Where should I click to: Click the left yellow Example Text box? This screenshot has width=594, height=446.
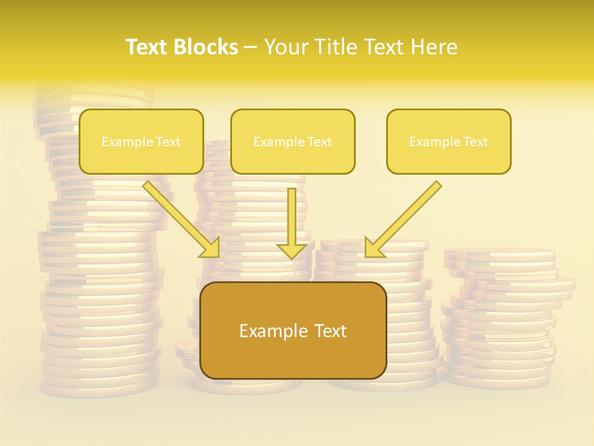tap(141, 141)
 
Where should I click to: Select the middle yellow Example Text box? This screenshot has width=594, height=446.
tap(293, 141)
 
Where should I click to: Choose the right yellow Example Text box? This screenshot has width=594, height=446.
tap(449, 141)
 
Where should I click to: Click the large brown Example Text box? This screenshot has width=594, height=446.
tap(293, 330)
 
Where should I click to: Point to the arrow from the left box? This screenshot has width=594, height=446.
tap(179, 217)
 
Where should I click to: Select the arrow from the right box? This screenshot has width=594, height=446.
tap(405, 217)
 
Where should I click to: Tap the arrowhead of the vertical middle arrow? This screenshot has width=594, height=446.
tap(292, 250)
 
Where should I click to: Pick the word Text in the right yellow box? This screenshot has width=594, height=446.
tap(476, 142)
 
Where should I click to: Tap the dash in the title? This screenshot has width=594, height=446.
tap(251, 47)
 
